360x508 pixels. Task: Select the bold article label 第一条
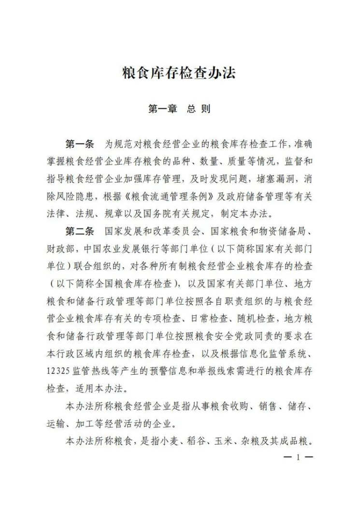coord(80,144)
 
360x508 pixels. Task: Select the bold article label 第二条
coord(80,232)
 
